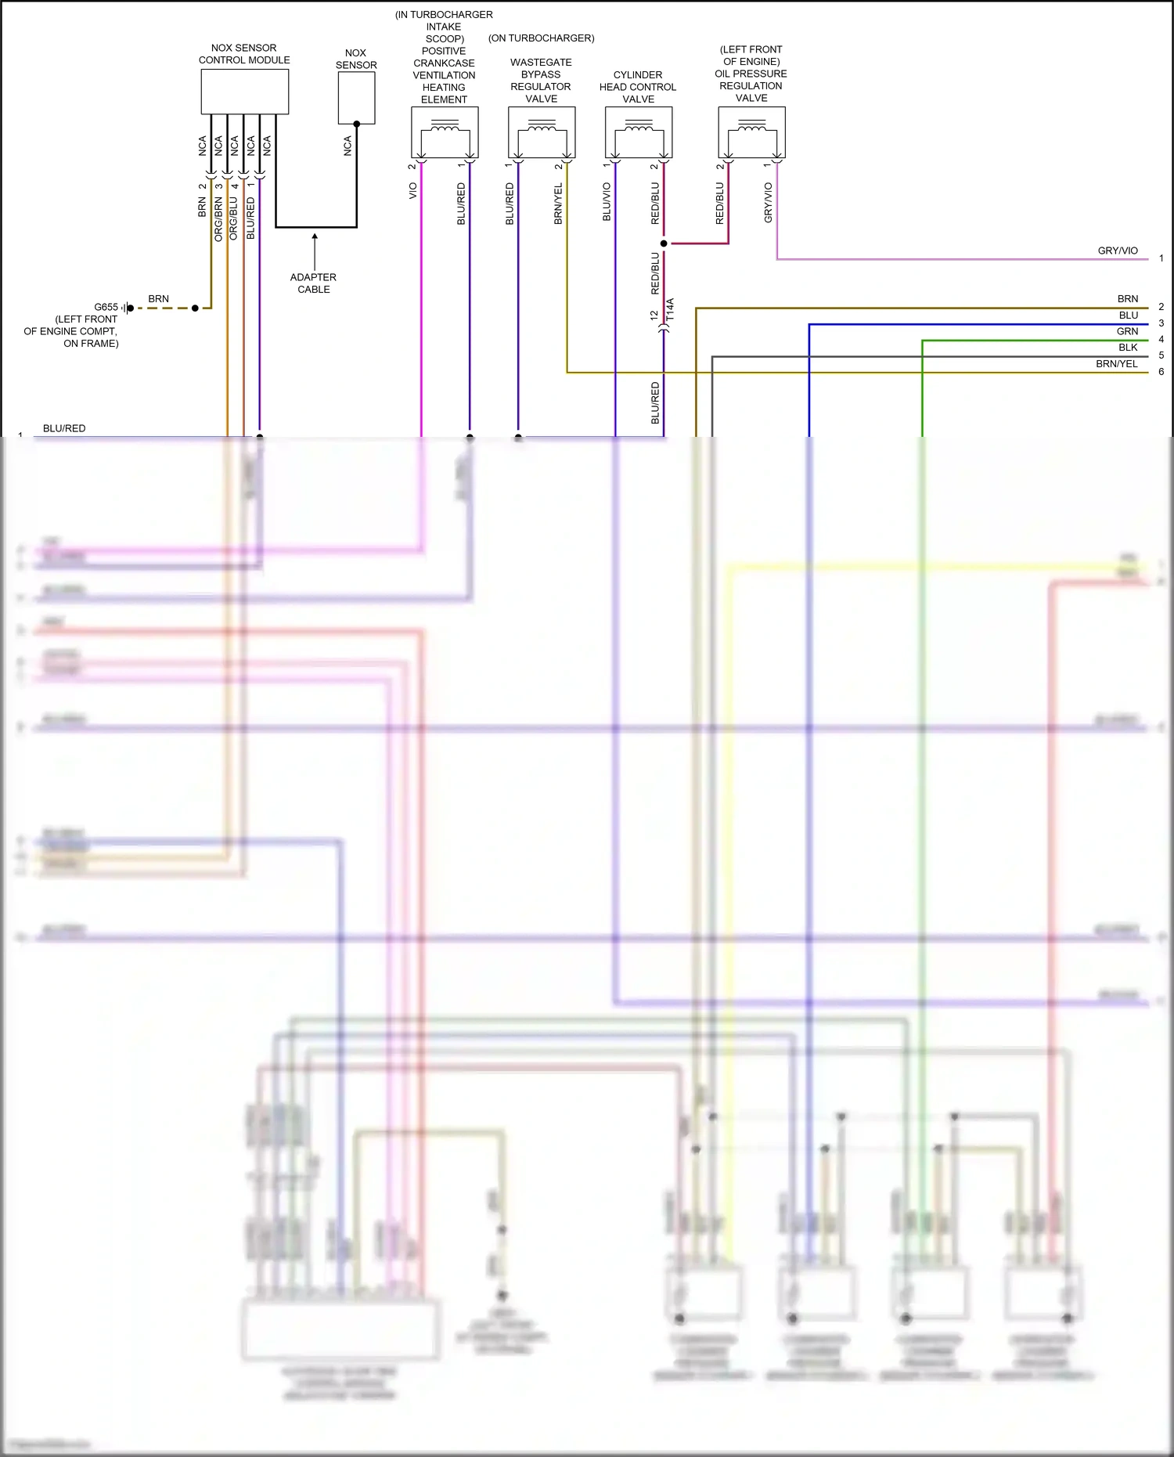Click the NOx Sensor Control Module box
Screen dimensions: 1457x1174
[244, 92]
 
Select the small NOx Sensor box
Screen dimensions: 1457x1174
[356, 98]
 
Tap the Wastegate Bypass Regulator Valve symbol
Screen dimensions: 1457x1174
[542, 132]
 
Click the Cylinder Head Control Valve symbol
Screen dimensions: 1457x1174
[639, 132]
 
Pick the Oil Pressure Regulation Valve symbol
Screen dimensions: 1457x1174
[751, 132]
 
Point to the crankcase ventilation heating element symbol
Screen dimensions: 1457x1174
[445, 132]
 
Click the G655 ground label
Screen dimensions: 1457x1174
[106, 307]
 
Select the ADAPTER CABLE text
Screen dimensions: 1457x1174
[313, 283]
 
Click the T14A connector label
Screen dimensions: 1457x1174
[670, 310]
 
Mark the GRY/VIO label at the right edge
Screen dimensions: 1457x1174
[1118, 251]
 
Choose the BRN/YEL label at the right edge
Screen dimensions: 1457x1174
[1117, 364]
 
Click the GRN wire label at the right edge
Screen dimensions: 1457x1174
[1127, 331]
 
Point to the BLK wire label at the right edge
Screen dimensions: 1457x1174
[1128, 348]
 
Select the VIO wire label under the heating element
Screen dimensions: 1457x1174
[413, 191]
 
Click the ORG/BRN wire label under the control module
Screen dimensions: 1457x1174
[218, 218]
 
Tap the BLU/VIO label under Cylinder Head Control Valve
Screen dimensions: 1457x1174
[607, 202]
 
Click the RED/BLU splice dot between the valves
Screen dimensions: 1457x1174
[664, 243]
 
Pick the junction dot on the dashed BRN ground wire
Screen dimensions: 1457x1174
[195, 308]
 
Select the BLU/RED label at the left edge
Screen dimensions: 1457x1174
[64, 428]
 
